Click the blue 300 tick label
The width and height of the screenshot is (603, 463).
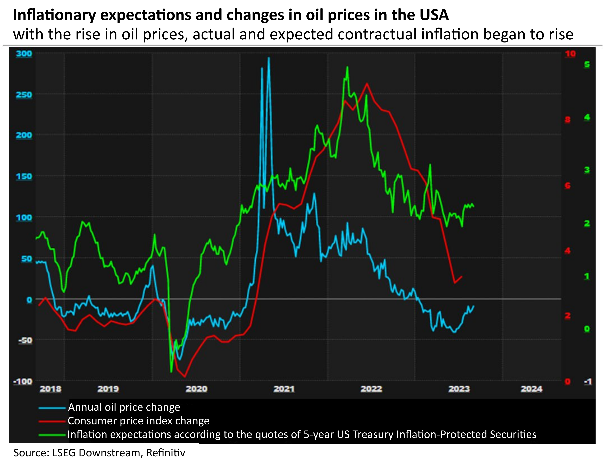click(24, 54)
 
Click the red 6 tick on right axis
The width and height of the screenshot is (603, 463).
click(567, 186)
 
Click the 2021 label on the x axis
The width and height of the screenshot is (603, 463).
click(284, 389)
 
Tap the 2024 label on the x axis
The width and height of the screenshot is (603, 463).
click(531, 389)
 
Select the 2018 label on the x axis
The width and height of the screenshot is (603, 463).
click(51, 389)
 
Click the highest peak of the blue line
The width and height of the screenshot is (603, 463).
click(269, 58)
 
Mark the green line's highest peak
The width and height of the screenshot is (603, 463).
click(347, 67)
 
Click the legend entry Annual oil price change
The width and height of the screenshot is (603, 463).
click(124, 407)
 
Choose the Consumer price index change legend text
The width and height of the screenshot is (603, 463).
click(138, 421)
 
